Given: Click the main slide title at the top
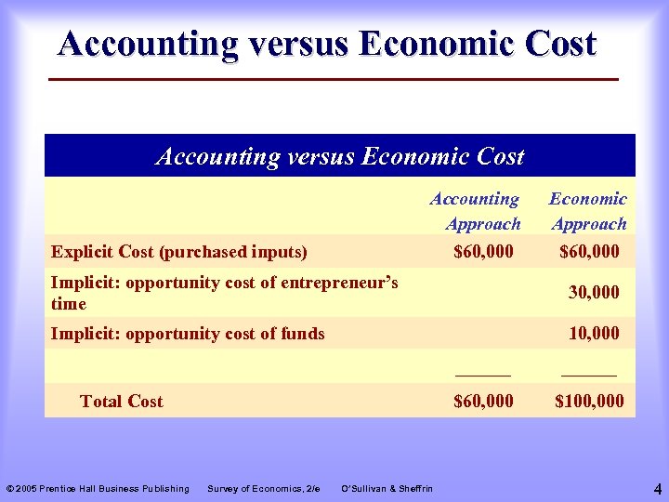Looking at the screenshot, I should pyautogui.click(x=326, y=44).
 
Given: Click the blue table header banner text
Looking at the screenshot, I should pyautogui.click(x=340, y=156).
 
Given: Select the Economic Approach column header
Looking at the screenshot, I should pyautogui.click(x=588, y=211).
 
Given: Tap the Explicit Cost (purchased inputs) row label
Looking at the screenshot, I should pyautogui.click(x=179, y=251).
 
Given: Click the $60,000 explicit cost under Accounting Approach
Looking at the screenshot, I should pyautogui.click(x=483, y=251).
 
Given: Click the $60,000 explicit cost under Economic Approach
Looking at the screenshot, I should pyautogui.click(x=589, y=251).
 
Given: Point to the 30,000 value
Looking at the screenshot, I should pyautogui.click(x=594, y=292).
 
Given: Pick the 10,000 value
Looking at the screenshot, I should pyautogui.click(x=594, y=333).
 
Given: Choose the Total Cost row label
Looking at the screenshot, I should pyautogui.click(x=121, y=402).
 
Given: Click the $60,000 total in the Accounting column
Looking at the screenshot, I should pyautogui.click(x=483, y=402).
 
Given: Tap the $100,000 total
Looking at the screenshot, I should pyautogui.click(x=589, y=402).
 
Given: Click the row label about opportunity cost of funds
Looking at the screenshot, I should pyautogui.click(x=188, y=333).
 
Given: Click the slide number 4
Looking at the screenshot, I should pyautogui.click(x=657, y=488).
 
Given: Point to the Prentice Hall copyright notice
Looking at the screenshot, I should pyautogui.click(x=98, y=489).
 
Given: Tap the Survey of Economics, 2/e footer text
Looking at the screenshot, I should pyautogui.click(x=264, y=489).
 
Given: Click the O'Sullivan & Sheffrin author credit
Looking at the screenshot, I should pyautogui.click(x=387, y=489).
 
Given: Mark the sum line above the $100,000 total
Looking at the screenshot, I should pyautogui.click(x=589, y=375).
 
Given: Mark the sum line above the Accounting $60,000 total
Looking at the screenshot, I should pyautogui.click(x=483, y=375).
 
